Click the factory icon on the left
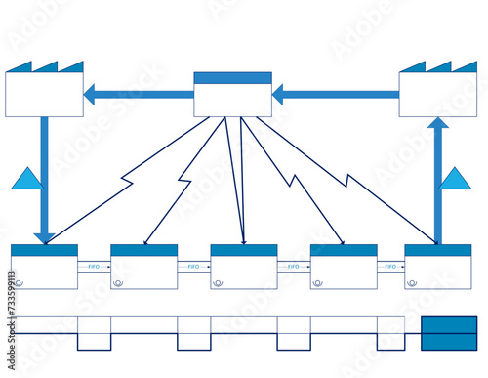coord(44,91)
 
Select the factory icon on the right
coord(438,91)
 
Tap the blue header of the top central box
coord(232,78)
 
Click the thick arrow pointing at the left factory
coord(138,95)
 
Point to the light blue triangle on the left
coord(28,179)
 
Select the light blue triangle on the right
coord(455,179)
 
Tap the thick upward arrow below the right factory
coord(438,181)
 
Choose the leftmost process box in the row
coord(44,267)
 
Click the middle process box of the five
coord(243,267)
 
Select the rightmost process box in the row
coord(437,267)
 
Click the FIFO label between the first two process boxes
coord(94,266)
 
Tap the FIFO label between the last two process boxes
coord(390,266)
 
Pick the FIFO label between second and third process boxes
coord(193,266)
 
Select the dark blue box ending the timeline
coord(449,333)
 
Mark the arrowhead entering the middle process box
coord(243,240)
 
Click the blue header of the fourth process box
coord(344,250)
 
